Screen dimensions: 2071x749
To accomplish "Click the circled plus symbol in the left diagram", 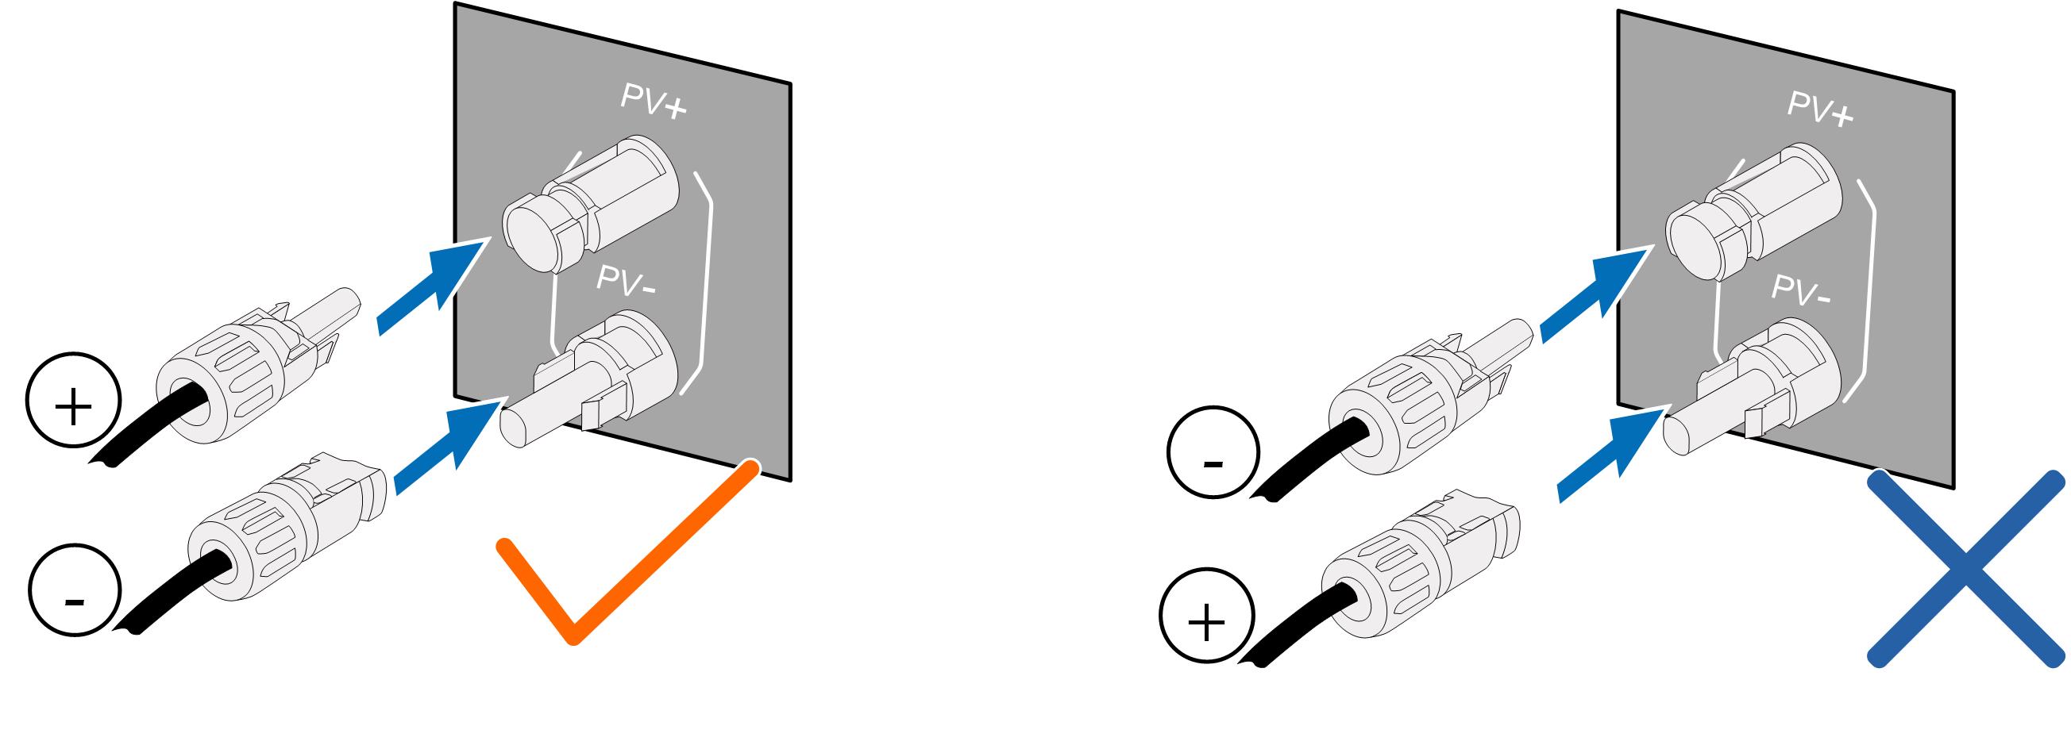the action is pyautogui.click(x=73, y=409).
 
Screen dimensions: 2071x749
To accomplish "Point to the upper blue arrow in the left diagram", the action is pyautogui.click(x=434, y=286).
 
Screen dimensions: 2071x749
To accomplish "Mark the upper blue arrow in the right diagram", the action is pyautogui.click(x=1597, y=293).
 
